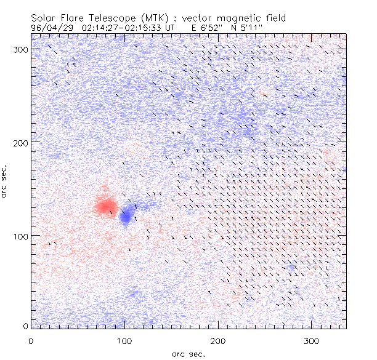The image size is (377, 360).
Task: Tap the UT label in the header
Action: pyautogui.click(x=171, y=28)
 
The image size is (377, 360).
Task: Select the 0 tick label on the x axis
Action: pyautogui.click(x=31, y=340)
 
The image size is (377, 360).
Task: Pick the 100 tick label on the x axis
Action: pyautogui.click(x=124, y=340)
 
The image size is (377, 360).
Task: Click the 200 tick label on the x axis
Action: pyautogui.click(x=218, y=340)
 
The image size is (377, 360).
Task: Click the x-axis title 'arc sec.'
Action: pyautogui.click(x=188, y=353)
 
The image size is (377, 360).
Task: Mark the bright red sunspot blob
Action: pyautogui.click(x=106, y=206)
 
